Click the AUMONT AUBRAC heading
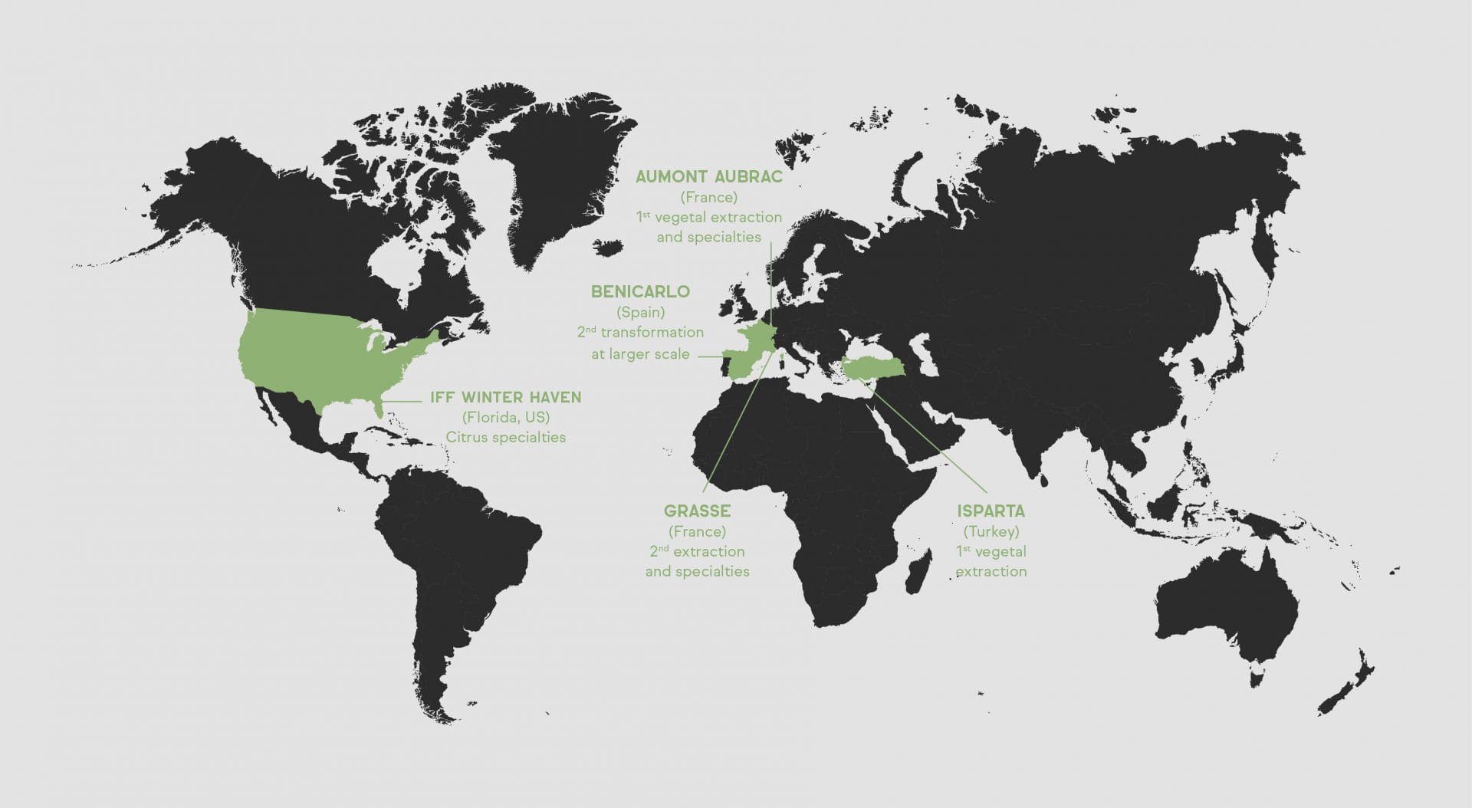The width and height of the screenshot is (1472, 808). tap(709, 177)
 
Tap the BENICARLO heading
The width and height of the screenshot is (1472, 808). tap(640, 292)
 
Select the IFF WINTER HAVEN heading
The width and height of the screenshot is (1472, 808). tap(505, 398)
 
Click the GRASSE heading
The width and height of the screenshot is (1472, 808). tap(697, 511)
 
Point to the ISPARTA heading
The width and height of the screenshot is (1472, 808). tap(991, 511)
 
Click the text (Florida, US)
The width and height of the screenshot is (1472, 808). tap(505, 418)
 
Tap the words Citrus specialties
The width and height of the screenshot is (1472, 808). tap(506, 438)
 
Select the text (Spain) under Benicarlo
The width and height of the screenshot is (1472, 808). tap(640, 312)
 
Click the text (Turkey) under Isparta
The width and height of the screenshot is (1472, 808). tap(991, 531)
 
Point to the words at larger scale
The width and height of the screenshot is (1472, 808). tap(640, 354)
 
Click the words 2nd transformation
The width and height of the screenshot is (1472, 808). tap(640, 333)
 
